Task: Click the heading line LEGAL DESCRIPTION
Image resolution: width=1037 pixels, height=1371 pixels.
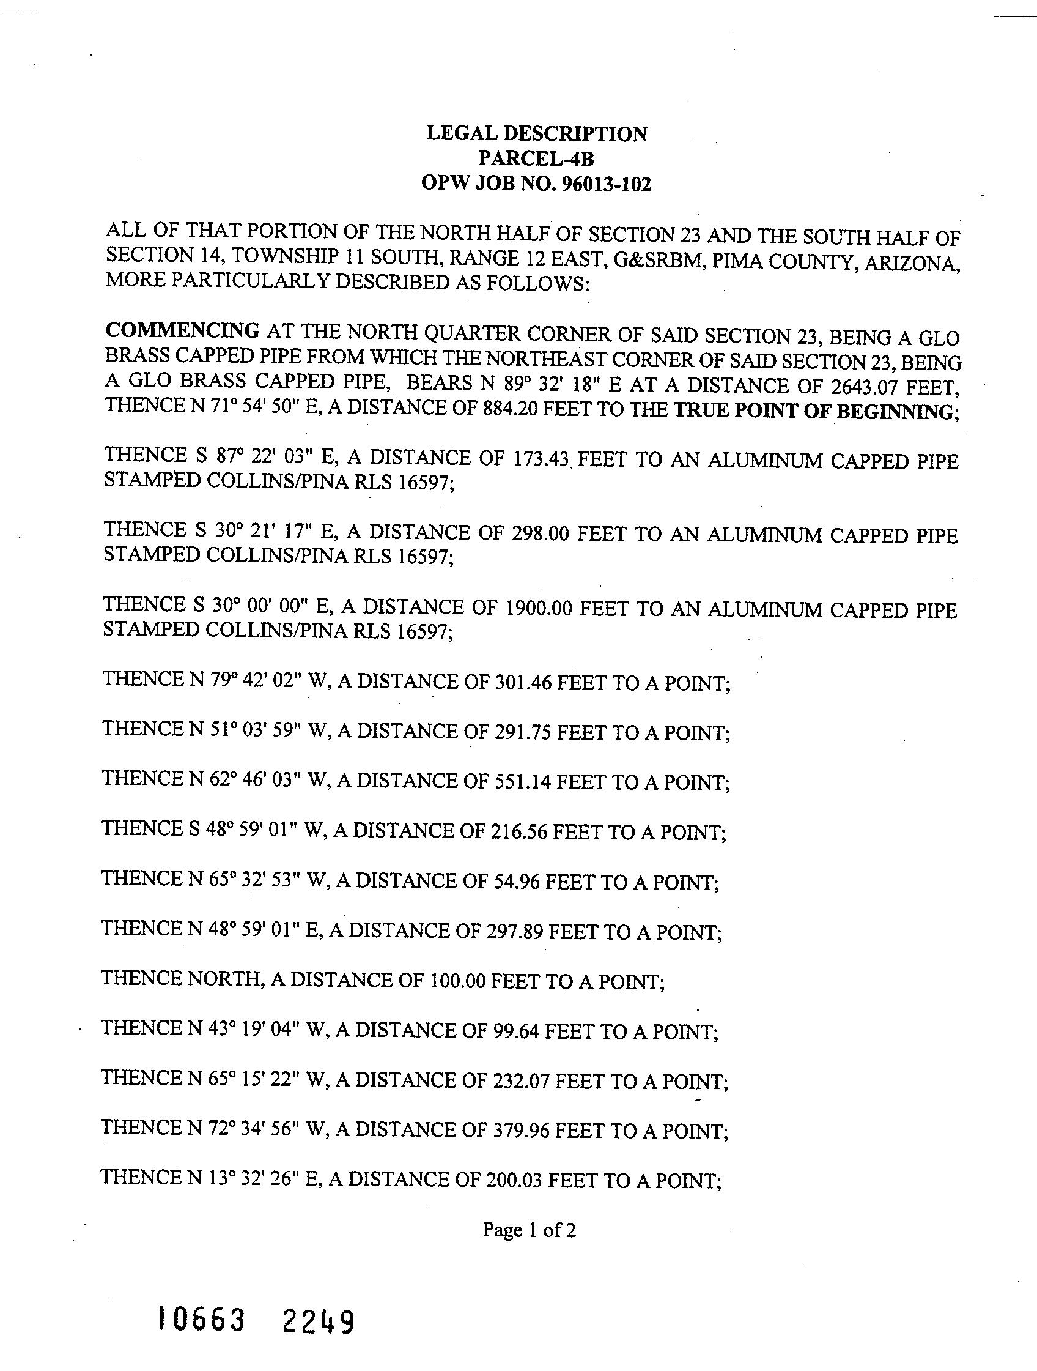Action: (x=536, y=134)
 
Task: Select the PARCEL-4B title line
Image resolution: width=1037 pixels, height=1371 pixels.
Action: (x=536, y=159)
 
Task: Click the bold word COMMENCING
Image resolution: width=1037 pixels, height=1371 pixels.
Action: (x=183, y=330)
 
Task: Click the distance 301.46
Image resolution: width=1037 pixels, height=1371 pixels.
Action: (x=522, y=682)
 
